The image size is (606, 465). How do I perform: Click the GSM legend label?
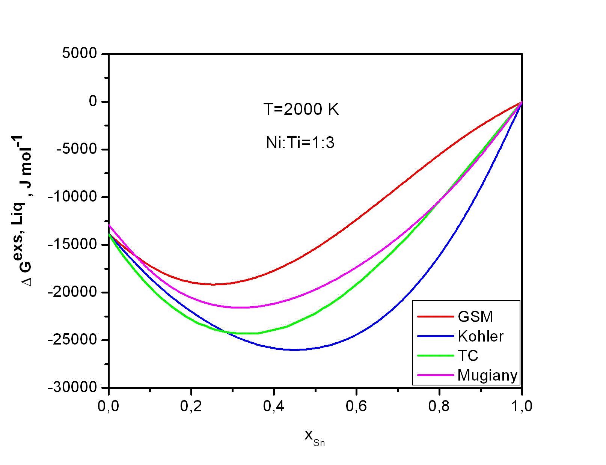pyautogui.click(x=475, y=317)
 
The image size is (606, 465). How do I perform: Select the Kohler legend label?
pyautogui.click(x=481, y=336)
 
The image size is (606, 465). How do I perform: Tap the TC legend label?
pyautogui.click(x=468, y=355)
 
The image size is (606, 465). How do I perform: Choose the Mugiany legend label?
pyautogui.click(x=487, y=375)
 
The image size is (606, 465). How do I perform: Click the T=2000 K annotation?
pyautogui.click(x=301, y=110)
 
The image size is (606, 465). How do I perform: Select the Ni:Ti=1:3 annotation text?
pyautogui.click(x=300, y=143)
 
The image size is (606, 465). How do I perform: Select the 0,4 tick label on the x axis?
pyautogui.click(x=274, y=407)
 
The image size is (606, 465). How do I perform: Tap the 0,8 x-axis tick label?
pyautogui.click(x=439, y=407)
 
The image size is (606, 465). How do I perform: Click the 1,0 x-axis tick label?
pyautogui.click(x=522, y=407)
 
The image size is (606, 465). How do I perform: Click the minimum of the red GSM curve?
pyautogui.click(x=213, y=284)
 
